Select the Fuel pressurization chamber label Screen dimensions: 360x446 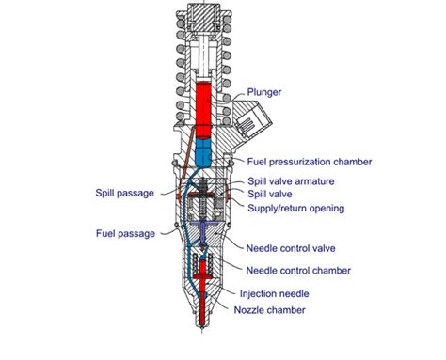tap(309, 162)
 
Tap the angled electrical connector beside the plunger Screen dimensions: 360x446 tap(252, 123)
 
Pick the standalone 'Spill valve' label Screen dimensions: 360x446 tap(272, 194)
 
